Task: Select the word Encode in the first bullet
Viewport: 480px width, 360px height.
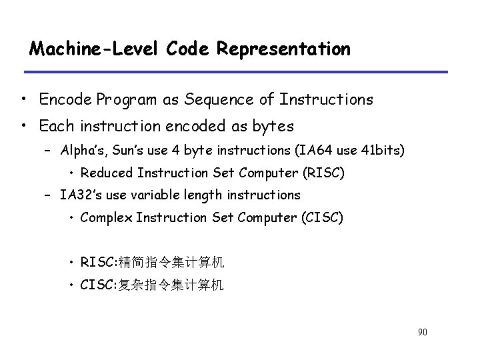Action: (x=62, y=100)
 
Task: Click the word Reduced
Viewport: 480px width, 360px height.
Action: (x=107, y=173)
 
